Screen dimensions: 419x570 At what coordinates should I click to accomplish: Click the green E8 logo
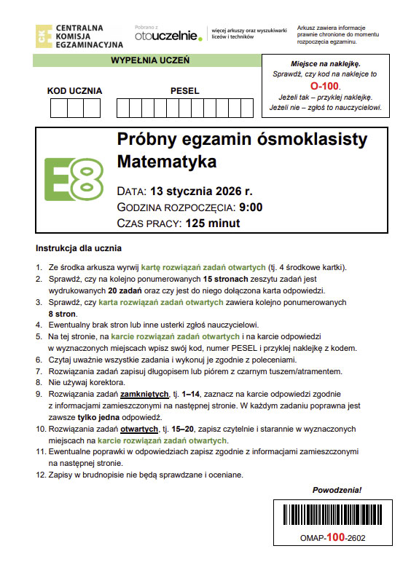coord(74,179)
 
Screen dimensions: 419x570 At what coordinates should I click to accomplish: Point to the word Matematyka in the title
coord(167,161)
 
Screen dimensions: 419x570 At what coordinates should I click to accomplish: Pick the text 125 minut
coord(211,223)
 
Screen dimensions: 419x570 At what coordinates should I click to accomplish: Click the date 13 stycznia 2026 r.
coord(201,192)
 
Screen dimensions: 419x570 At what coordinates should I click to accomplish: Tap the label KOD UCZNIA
coord(74,91)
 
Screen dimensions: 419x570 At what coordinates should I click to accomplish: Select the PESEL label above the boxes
coord(184,91)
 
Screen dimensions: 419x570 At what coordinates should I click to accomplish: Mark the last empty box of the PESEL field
coord(255,108)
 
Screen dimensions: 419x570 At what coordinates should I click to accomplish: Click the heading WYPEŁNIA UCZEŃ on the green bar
coord(150,61)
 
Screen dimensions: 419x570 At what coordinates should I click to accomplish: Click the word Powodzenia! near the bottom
coord(337,490)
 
